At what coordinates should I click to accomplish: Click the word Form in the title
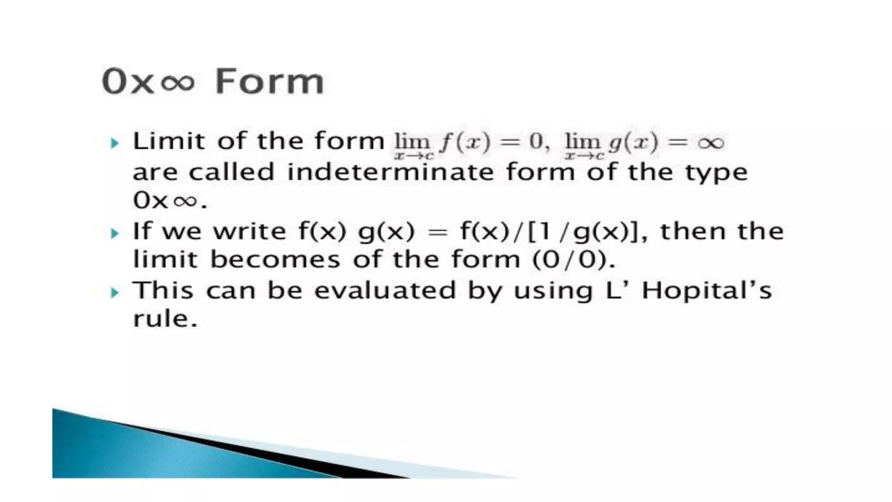pyautogui.click(x=270, y=81)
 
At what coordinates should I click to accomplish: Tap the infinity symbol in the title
pyautogui.click(x=177, y=82)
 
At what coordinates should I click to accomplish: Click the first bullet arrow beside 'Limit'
pyautogui.click(x=115, y=143)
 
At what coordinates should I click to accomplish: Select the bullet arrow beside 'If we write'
pyautogui.click(x=115, y=233)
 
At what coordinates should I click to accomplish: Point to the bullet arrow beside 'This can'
pyautogui.click(x=115, y=292)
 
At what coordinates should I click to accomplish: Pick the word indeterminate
pyautogui.click(x=390, y=172)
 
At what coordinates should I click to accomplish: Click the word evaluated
pyautogui.click(x=385, y=291)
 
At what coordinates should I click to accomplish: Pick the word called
pyautogui.click(x=231, y=172)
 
